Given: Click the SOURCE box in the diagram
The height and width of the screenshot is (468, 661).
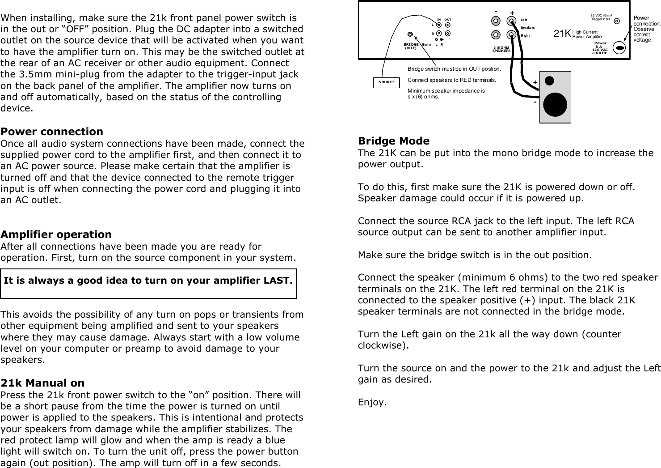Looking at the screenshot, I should coord(387,82).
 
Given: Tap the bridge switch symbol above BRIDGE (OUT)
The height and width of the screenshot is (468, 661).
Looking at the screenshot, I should coord(410,34).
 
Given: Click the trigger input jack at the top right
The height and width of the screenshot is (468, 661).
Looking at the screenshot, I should coord(617,21).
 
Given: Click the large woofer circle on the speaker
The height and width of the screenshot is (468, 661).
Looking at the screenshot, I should coord(556,104).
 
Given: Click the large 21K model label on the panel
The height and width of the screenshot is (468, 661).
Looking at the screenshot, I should coord(562,34).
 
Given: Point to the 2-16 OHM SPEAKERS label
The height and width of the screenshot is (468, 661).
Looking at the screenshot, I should coord(501,49).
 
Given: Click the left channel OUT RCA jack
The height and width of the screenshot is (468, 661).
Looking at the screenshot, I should coord(447,25).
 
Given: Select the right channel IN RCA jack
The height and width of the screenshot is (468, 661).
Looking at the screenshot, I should coord(439,33).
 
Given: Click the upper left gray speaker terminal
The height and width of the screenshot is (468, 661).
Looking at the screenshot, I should coord(495,21).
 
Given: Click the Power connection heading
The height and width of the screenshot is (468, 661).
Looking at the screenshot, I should coord(52,132).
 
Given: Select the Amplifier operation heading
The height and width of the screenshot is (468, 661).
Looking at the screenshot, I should coord(56,234).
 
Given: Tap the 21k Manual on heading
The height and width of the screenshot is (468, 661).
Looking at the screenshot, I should coord(42,383).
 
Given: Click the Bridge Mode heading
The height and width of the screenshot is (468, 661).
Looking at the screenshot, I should coord(394,141).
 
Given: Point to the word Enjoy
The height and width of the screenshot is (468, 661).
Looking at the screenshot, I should coord(371,402).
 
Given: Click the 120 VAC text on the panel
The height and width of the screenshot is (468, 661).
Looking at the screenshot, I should coord(599,50).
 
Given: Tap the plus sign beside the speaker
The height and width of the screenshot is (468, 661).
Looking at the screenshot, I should coord(535,83).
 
